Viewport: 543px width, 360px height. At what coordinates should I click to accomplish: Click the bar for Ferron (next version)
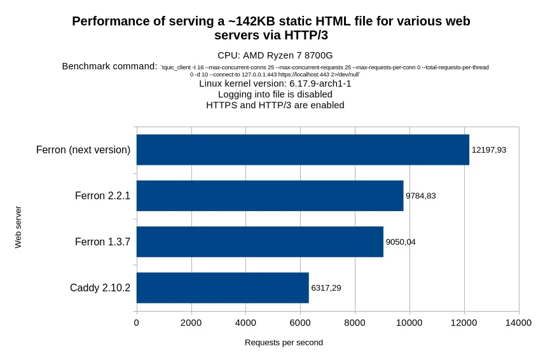click(x=303, y=149)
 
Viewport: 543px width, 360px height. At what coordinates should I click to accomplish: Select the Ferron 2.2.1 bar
click(x=270, y=196)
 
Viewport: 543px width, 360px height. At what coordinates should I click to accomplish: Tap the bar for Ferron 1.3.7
click(x=260, y=242)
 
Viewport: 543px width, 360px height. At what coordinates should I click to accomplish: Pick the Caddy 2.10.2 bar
click(x=223, y=287)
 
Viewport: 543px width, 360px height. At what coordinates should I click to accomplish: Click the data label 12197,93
click(x=489, y=150)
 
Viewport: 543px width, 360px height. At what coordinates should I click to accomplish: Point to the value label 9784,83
click(x=421, y=196)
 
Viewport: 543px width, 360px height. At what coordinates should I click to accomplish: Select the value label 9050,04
click(x=401, y=242)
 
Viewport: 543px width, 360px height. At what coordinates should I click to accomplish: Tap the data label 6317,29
click(x=326, y=288)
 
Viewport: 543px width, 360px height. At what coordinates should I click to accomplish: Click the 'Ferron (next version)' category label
click(x=83, y=150)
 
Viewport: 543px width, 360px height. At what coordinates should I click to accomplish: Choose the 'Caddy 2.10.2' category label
click(x=100, y=288)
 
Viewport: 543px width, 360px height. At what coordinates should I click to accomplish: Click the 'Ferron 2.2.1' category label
click(x=102, y=196)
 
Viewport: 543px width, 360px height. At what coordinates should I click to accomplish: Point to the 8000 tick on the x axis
click(x=355, y=323)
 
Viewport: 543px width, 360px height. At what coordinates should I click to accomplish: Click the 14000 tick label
click(x=518, y=323)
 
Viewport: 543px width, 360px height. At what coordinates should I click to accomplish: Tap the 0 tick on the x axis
click(x=137, y=323)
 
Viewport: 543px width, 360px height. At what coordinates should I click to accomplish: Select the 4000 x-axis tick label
click(x=246, y=323)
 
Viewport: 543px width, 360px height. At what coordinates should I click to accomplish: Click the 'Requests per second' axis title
click(x=284, y=343)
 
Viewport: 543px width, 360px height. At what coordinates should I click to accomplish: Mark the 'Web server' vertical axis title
click(x=18, y=227)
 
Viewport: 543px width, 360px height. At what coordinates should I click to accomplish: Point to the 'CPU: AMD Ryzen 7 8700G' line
click(x=275, y=55)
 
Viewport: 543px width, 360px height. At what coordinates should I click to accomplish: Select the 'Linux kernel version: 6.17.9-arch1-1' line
click(x=275, y=83)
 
